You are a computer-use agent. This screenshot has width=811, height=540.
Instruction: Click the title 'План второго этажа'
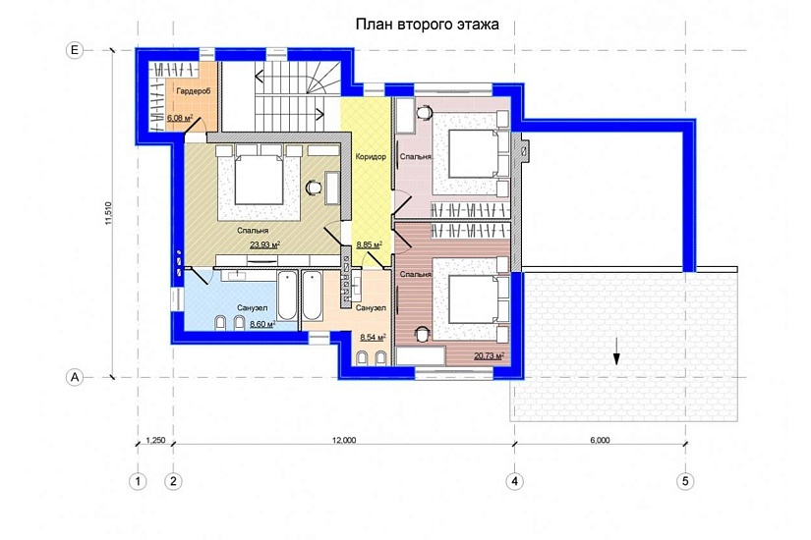pyautogui.click(x=428, y=25)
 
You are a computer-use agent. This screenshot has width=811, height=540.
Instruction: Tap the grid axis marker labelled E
pyautogui.click(x=75, y=50)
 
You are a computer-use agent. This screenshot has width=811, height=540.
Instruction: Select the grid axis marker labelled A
pyautogui.click(x=75, y=377)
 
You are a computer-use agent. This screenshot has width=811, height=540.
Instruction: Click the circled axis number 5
pyautogui.click(x=685, y=481)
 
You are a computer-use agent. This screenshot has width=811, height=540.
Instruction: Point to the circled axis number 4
pyautogui.click(x=514, y=481)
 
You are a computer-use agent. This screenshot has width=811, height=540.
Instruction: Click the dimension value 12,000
pyautogui.click(x=344, y=440)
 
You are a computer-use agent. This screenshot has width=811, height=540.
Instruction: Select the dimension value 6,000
pyautogui.click(x=600, y=440)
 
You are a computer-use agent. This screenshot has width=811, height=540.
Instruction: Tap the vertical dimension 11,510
pyautogui.click(x=108, y=212)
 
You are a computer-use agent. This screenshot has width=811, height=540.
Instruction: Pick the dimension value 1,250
pyautogui.click(x=155, y=440)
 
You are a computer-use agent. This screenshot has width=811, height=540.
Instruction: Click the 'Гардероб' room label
pyautogui.click(x=194, y=91)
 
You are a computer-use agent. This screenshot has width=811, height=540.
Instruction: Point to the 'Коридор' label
pyautogui.click(x=371, y=156)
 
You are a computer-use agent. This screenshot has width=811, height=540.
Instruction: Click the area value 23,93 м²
pyautogui.click(x=264, y=244)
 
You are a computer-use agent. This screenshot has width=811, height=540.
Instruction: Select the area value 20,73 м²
pyautogui.click(x=489, y=355)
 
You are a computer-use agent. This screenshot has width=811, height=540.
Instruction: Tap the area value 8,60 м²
pyautogui.click(x=262, y=324)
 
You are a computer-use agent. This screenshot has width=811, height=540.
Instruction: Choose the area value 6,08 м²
pyautogui.click(x=180, y=117)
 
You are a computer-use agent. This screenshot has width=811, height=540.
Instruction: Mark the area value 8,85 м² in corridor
pyautogui.click(x=370, y=244)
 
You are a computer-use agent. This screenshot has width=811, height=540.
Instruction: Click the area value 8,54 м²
pyautogui.click(x=373, y=337)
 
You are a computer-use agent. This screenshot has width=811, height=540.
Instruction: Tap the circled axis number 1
pyautogui.click(x=138, y=481)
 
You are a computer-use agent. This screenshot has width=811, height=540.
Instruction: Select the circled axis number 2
pyautogui.click(x=173, y=481)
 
